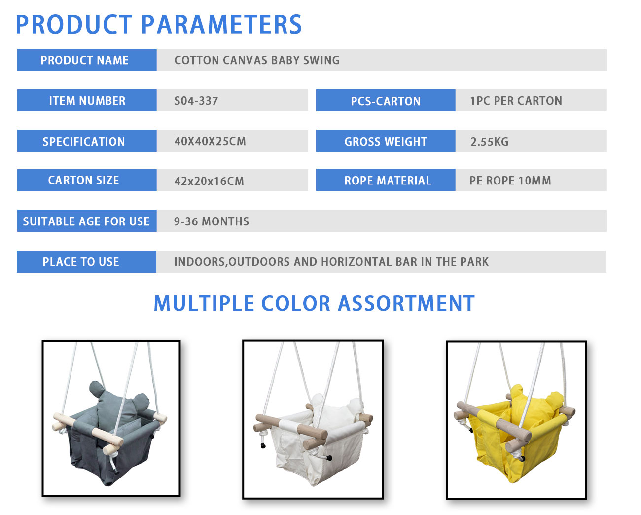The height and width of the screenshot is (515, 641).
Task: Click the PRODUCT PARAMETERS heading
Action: pyautogui.click(x=159, y=25)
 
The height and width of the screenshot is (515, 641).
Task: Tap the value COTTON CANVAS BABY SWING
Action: pyautogui.click(x=257, y=60)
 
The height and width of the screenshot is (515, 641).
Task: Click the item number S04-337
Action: pyautogui.click(x=196, y=101)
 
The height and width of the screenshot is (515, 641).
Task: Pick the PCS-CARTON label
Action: pyautogui.click(x=386, y=101)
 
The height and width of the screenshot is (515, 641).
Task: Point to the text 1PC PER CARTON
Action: pyautogui.click(x=516, y=101)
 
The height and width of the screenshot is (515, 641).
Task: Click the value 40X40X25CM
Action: pyautogui.click(x=210, y=141)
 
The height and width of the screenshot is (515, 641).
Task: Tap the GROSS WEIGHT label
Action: pyautogui.click(x=386, y=141)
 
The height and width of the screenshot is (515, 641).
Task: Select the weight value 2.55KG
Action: pyautogui.click(x=489, y=141)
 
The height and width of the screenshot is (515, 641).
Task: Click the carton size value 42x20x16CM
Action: pyautogui.click(x=209, y=181)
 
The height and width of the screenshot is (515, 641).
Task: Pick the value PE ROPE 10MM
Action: pyautogui.click(x=510, y=181)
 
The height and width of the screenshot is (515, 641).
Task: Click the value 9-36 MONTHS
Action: pyautogui.click(x=212, y=221)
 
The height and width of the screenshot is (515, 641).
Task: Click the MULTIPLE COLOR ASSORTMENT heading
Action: pyautogui.click(x=314, y=304)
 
